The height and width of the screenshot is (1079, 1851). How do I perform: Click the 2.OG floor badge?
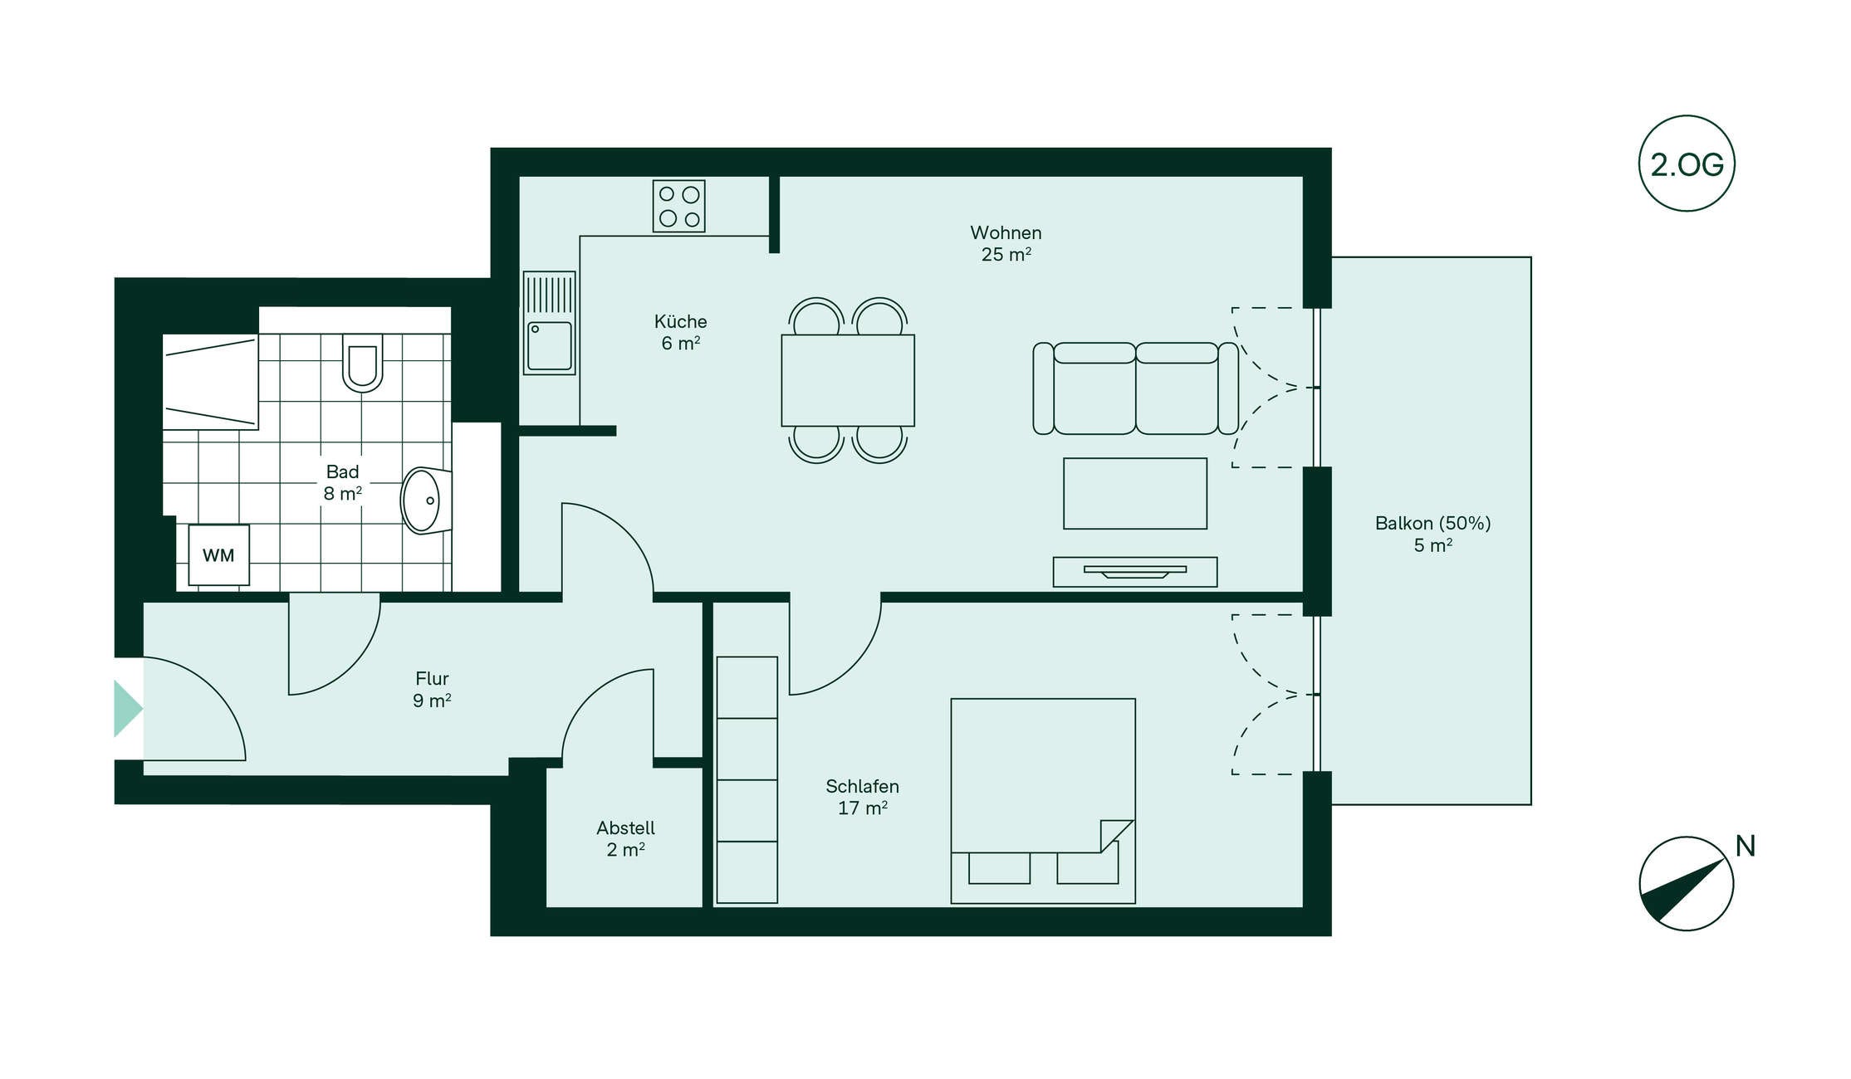1687,164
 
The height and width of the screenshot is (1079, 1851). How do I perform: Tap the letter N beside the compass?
1745,846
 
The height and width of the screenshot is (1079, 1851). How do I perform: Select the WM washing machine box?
218,555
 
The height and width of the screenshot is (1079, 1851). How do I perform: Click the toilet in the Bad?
362,363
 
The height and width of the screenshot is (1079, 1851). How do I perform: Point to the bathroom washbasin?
426,500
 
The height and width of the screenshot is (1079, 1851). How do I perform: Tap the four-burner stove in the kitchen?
678,206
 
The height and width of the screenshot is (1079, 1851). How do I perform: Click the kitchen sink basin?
550,346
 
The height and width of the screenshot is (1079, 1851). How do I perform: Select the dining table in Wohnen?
848,380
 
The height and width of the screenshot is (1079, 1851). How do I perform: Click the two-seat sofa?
1135,388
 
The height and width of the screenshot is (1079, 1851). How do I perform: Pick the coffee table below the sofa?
1135,493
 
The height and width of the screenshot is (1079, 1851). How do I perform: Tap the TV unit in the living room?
1135,572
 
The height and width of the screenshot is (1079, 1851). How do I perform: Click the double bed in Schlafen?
1043,801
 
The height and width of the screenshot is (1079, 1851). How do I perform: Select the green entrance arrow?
128,709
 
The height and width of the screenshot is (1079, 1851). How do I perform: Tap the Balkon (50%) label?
1433,523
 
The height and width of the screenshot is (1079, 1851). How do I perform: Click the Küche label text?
680,321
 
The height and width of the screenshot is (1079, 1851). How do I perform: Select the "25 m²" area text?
1006,255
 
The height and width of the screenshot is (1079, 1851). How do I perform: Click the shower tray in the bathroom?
210,382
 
